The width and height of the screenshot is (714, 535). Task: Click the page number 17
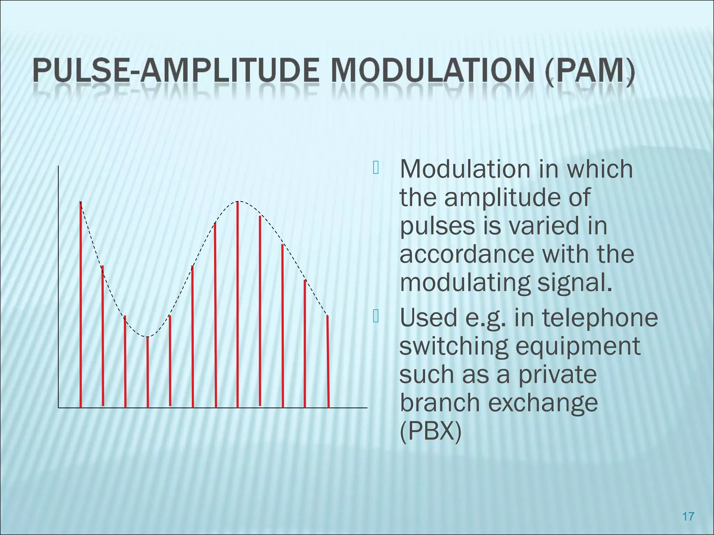pyautogui.click(x=688, y=516)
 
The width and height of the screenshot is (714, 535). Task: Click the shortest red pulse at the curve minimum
pyautogui.click(x=148, y=373)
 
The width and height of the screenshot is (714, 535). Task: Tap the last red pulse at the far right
pyautogui.click(x=328, y=362)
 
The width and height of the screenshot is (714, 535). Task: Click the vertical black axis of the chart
pyautogui.click(x=58, y=286)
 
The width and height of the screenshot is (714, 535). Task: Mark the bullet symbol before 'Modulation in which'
pyautogui.click(x=375, y=168)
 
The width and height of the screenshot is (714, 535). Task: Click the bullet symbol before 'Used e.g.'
pyautogui.click(x=375, y=316)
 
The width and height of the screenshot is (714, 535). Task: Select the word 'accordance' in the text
pyautogui.click(x=466, y=254)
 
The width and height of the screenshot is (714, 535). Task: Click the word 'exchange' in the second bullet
pyautogui.click(x=542, y=403)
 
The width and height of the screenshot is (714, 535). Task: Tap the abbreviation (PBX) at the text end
pyautogui.click(x=430, y=432)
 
